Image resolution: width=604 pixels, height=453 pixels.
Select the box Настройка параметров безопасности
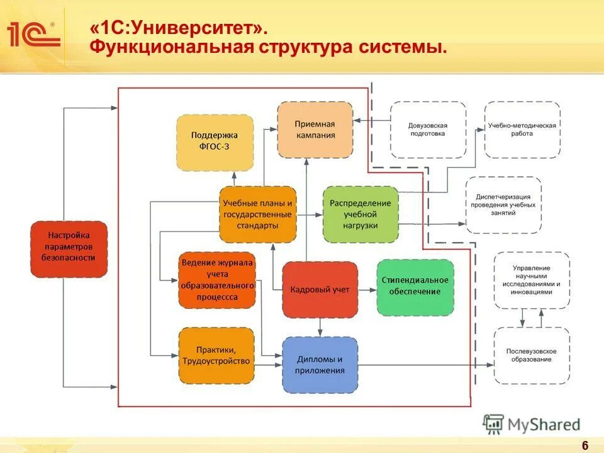(69, 249)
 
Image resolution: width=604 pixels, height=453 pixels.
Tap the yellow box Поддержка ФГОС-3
(215, 143)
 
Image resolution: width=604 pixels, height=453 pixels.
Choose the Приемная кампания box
(315, 130)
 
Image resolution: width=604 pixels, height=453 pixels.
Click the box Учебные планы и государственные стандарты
(257, 215)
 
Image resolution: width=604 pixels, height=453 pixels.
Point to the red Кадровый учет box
(320, 289)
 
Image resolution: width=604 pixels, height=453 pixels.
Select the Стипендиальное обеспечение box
(415, 287)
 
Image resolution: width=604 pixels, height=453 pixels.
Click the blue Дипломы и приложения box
(320, 365)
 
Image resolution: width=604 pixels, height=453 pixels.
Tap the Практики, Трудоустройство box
(216, 355)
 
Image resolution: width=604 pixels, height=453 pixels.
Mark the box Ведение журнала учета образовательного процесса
(216, 279)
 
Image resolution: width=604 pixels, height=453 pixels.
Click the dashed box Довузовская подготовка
(428, 130)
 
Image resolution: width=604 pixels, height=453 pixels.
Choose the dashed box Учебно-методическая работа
(522, 130)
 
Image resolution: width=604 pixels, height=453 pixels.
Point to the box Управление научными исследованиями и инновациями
(532, 280)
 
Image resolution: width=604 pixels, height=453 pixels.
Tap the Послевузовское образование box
(532, 355)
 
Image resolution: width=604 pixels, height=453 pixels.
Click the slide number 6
(584, 445)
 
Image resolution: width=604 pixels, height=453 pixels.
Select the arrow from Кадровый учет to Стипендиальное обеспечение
(367, 289)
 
